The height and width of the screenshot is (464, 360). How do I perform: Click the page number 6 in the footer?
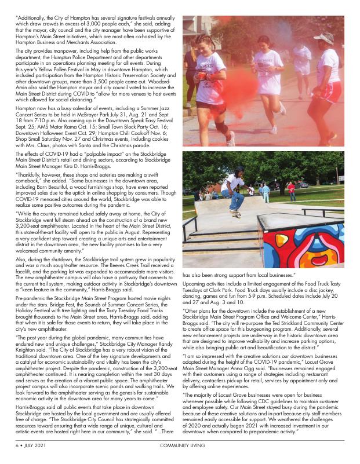click(x=17, y=447)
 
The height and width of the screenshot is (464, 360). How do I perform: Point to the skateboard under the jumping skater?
click(x=234, y=213)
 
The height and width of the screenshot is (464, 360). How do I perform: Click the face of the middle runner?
click(x=263, y=45)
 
